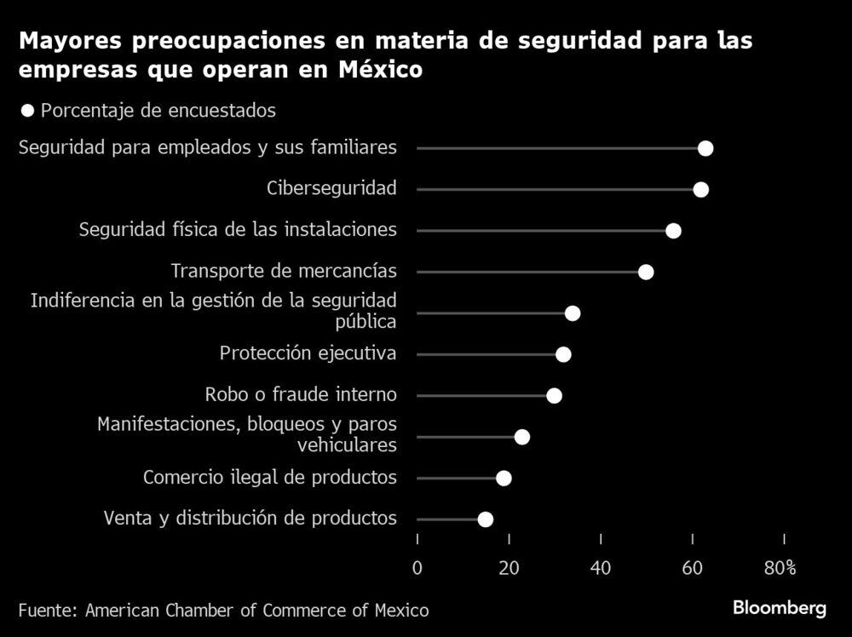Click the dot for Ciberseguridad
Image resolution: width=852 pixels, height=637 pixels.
(x=700, y=189)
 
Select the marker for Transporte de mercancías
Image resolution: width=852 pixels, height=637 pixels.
(x=646, y=272)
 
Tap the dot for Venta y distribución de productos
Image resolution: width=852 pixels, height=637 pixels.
(x=486, y=519)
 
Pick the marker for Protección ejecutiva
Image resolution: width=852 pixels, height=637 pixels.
(x=563, y=354)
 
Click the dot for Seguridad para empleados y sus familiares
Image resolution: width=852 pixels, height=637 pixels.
(x=705, y=148)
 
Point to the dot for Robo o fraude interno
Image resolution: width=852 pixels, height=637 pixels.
(x=554, y=395)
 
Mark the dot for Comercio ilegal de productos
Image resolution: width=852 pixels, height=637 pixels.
(x=504, y=478)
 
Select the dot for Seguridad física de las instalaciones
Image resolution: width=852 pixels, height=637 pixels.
(x=673, y=231)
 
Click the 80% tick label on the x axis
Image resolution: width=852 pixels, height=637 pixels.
(x=780, y=568)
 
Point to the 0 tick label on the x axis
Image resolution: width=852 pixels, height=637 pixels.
(x=417, y=568)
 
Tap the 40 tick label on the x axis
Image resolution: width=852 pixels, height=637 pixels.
(x=601, y=568)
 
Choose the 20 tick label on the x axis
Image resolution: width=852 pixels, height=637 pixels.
(x=509, y=568)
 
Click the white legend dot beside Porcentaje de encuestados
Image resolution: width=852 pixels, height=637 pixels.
(x=27, y=111)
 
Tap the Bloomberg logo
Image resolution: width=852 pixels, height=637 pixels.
(x=780, y=608)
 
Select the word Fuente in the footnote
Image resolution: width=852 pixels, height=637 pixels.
(x=46, y=610)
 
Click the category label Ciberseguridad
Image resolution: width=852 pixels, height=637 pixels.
(x=331, y=188)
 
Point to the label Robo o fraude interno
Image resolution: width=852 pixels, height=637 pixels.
(x=301, y=394)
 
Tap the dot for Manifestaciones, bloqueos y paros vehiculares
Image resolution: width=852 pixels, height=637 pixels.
(x=522, y=437)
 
